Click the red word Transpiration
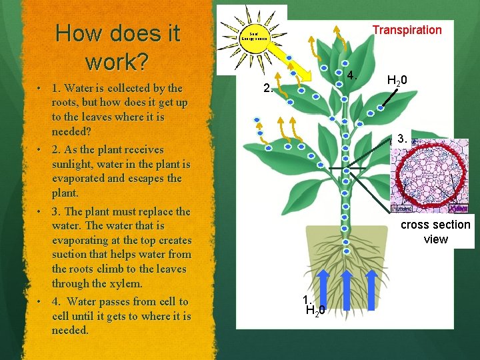(x=407, y=30)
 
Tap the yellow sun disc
(x=259, y=35)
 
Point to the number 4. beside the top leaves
(x=353, y=73)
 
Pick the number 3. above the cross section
(x=402, y=139)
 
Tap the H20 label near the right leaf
(x=398, y=81)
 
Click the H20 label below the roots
(x=315, y=310)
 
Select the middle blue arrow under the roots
(x=347, y=287)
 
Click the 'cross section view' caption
(x=435, y=232)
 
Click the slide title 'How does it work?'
(x=118, y=47)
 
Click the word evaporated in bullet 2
(x=77, y=179)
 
